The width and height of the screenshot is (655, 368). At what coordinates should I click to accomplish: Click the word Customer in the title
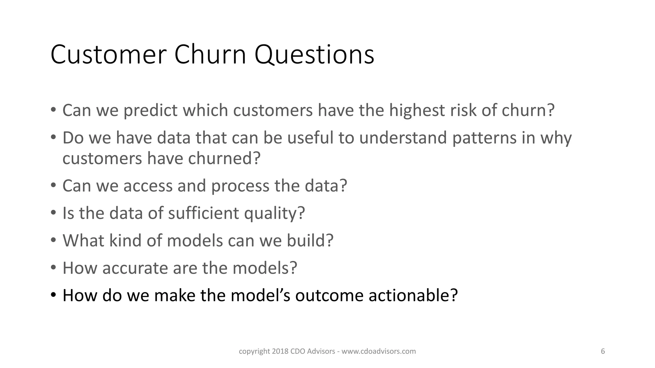(108, 55)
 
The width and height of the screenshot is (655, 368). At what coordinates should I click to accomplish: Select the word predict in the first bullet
(150, 111)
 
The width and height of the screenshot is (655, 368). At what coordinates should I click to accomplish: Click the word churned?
(224, 158)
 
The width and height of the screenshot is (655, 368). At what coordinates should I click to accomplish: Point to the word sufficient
(203, 213)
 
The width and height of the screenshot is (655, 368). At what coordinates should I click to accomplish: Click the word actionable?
(413, 295)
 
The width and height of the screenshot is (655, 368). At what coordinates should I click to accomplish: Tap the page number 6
(603, 351)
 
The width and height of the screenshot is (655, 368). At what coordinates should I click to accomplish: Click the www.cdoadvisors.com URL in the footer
(379, 351)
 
